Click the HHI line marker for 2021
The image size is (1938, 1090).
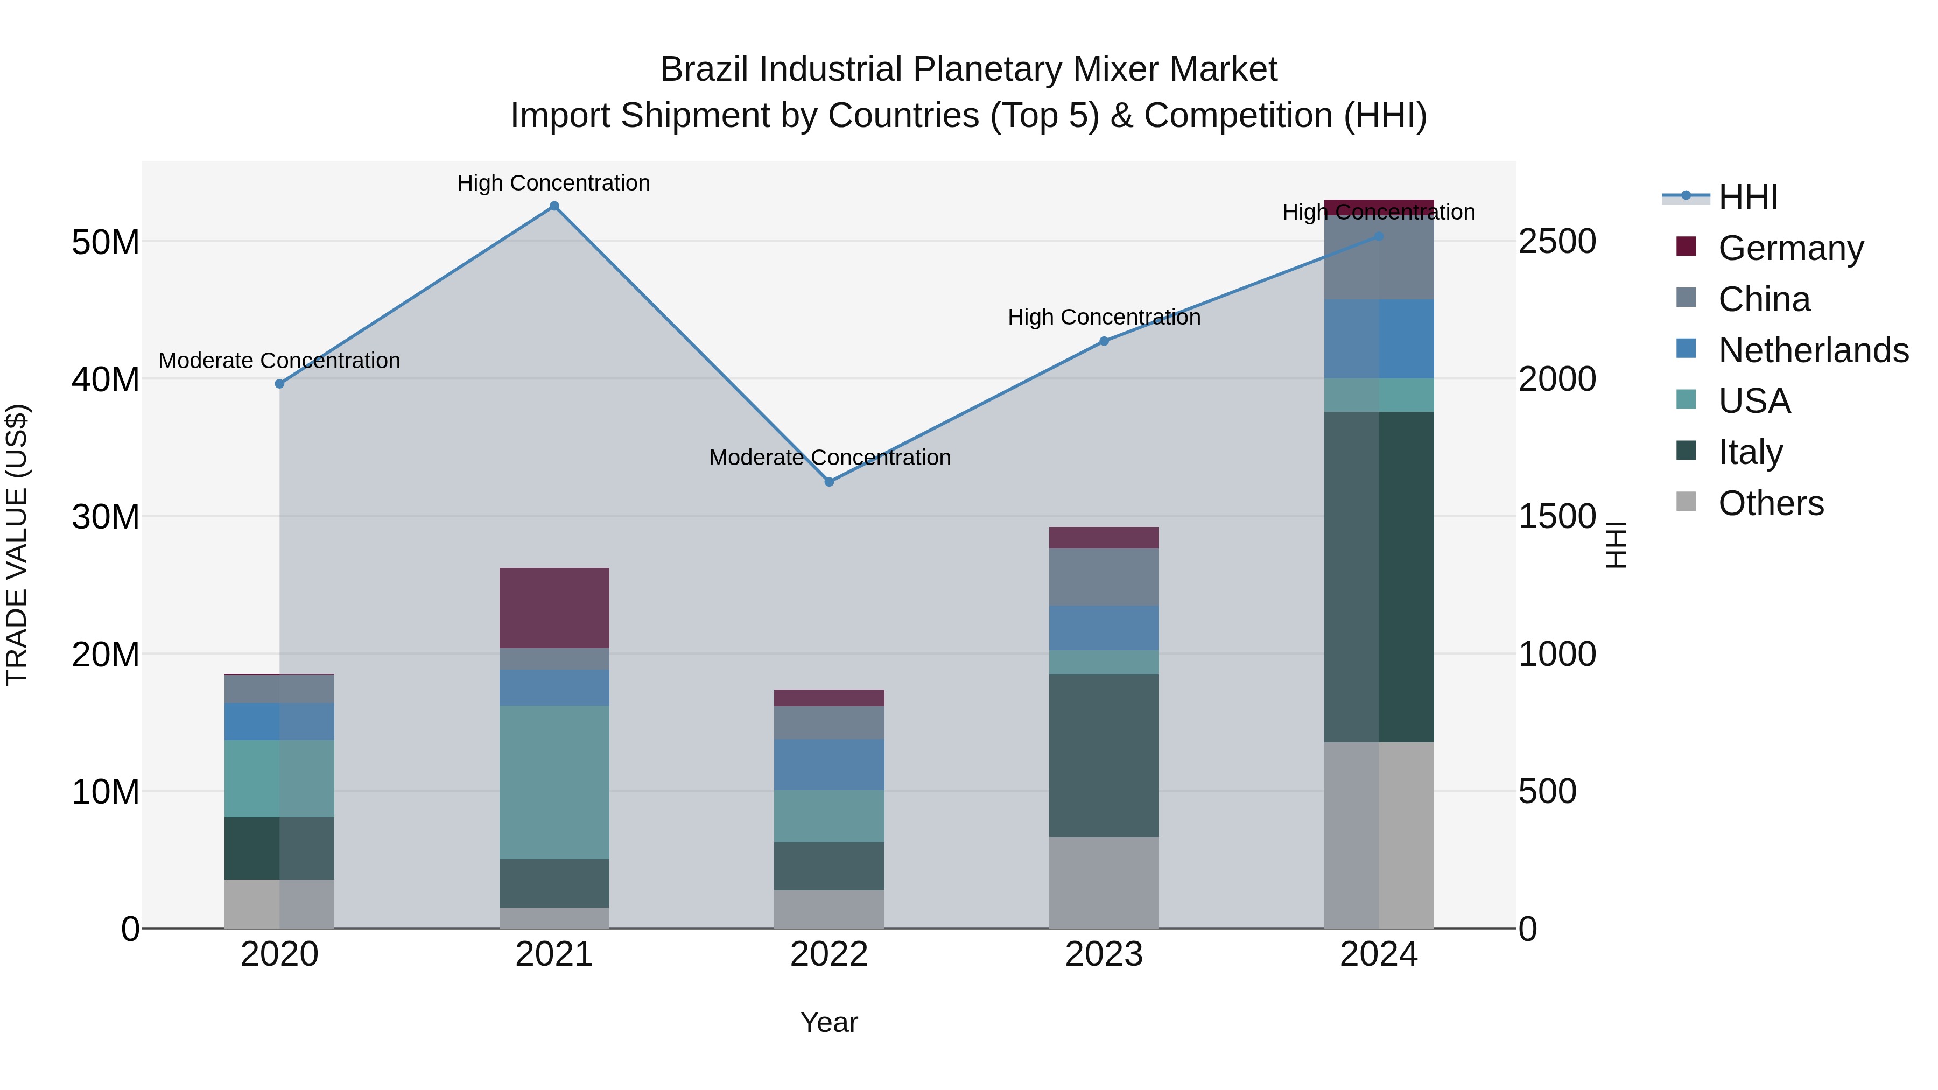click(554, 206)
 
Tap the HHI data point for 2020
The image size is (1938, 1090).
click(280, 384)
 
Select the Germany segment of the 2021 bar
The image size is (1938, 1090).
click(554, 608)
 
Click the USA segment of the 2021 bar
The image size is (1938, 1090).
click(554, 782)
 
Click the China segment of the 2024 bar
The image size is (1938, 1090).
click(1378, 257)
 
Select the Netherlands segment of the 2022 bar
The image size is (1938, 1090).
click(829, 764)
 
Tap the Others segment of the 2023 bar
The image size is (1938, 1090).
click(1104, 882)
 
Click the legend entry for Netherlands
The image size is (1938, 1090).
click(1813, 350)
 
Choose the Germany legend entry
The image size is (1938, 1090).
click(1790, 248)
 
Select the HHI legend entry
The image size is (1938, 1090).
click(1747, 197)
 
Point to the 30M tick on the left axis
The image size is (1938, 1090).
click(106, 517)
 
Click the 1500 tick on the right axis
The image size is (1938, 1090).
click(1556, 517)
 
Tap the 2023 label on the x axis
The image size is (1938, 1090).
click(1104, 954)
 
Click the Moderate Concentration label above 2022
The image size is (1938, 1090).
click(829, 458)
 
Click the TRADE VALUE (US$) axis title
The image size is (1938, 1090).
click(17, 545)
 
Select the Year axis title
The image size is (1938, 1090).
click(828, 1022)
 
